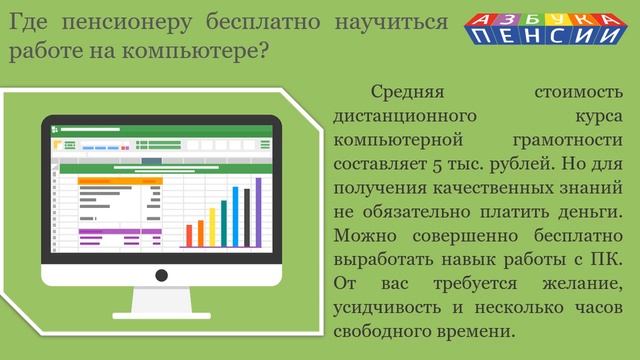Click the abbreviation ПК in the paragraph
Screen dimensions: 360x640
(x=603, y=259)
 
